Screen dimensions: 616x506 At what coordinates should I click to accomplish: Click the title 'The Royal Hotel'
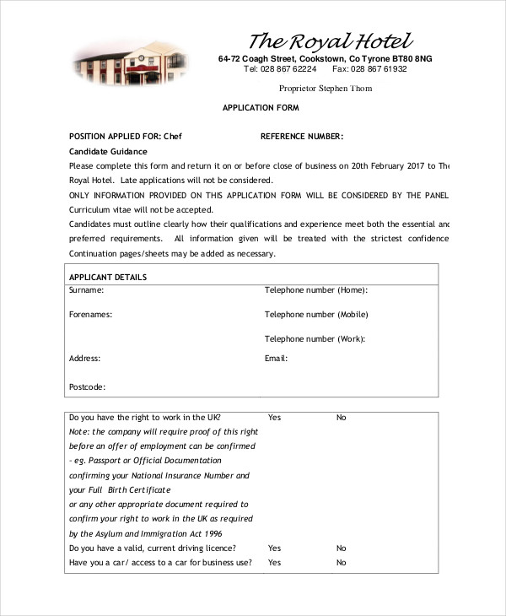pyautogui.click(x=331, y=41)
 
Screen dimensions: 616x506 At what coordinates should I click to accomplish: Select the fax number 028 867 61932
pyautogui.click(x=378, y=69)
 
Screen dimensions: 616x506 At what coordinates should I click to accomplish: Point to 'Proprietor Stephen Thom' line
pyautogui.click(x=325, y=89)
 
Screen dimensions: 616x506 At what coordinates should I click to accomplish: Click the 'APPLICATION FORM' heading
pyautogui.click(x=261, y=109)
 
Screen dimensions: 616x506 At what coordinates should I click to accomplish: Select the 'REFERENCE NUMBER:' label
pyautogui.click(x=302, y=137)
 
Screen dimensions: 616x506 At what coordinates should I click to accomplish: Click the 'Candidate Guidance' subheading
pyautogui.click(x=107, y=151)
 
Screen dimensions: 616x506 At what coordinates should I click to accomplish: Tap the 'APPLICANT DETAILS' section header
pyautogui.click(x=108, y=277)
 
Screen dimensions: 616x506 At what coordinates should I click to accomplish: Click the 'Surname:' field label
pyautogui.click(x=86, y=290)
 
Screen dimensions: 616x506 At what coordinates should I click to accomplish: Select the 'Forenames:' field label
pyautogui.click(x=90, y=315)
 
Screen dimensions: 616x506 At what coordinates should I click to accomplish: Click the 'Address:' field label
pyautogui.click(x=84, y=359)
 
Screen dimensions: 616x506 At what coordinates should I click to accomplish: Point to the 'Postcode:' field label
pyautogui.click(x=87, y=386)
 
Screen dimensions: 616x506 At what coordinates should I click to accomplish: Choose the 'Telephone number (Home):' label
pyautogui.click(x=316, y=290)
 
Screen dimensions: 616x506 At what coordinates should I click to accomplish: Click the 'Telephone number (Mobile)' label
pyautogui.click(x=316, y=315)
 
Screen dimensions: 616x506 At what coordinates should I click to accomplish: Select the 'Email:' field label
pyautogui.click(x=277, y=359)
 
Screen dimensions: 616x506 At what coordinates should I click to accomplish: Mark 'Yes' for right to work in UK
pyautogui.click(x=274, y=418)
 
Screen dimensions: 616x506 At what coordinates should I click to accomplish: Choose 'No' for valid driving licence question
pyautogui.click(x=342, y=548)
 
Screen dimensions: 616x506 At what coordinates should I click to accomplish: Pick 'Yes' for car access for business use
pyautogui.click(x=274, y=563)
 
